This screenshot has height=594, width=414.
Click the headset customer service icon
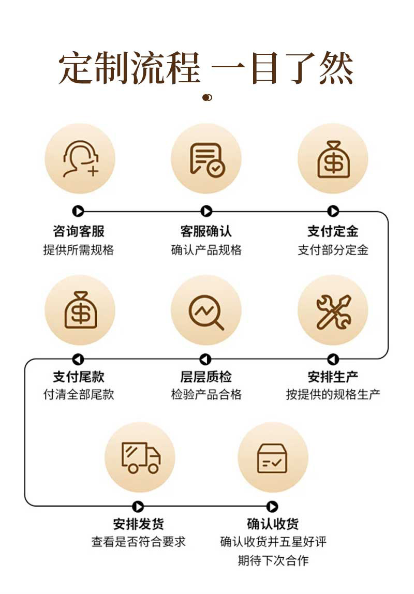point(80,158)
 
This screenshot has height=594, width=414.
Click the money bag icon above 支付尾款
point(80,310)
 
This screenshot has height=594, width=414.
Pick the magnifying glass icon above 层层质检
point(206,311)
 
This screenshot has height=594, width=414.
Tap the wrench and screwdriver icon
point(333,311)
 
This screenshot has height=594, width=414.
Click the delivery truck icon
point(140,457)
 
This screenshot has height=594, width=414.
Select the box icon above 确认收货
point(272,457)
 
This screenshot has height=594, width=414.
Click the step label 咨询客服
point(79,231)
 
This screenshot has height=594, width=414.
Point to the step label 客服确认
point(206,231)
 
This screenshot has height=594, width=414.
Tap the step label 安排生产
point(333,377)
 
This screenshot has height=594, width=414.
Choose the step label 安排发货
point(138,524)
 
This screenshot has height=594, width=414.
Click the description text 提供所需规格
point(79,250)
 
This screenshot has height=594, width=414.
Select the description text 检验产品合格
point(206,395)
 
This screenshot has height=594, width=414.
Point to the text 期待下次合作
point(273,560)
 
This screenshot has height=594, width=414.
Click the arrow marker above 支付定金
point(333,211)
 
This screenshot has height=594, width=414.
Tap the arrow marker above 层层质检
point(206,359)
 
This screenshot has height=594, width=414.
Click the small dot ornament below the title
point(207,97)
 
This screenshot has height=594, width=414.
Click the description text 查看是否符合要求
point(138,542)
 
